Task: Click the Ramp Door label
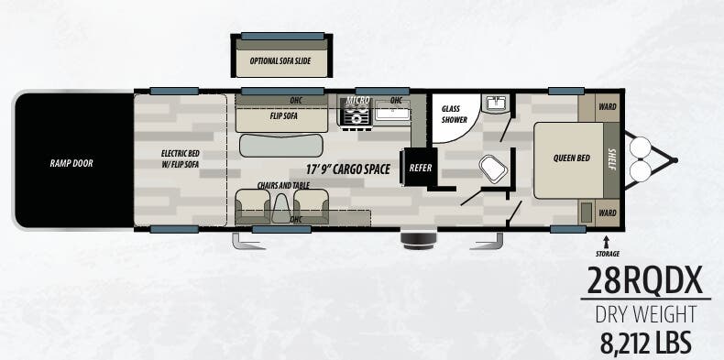tap(71, 163)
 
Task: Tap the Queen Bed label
tap(572, 158)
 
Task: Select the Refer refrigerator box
tap(420, 167)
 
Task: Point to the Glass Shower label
tap(455, 115)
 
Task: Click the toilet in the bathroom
tap(494, 169)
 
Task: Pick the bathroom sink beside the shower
tap(496, 103)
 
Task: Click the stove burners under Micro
tap(357, 114)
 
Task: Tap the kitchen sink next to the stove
tap(392, 112)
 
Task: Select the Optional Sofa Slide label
tap(280, 61)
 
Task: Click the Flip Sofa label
tap(283, 115)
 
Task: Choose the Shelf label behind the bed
tap(612, 159)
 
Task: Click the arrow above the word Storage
tap(607, 242)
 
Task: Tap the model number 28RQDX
tap(645, 280)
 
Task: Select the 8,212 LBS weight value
tap(645, 343)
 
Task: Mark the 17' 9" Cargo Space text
tap(347, 169)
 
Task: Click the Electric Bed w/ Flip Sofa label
tap(180, 158)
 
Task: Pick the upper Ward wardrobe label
tap(608, 107)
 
